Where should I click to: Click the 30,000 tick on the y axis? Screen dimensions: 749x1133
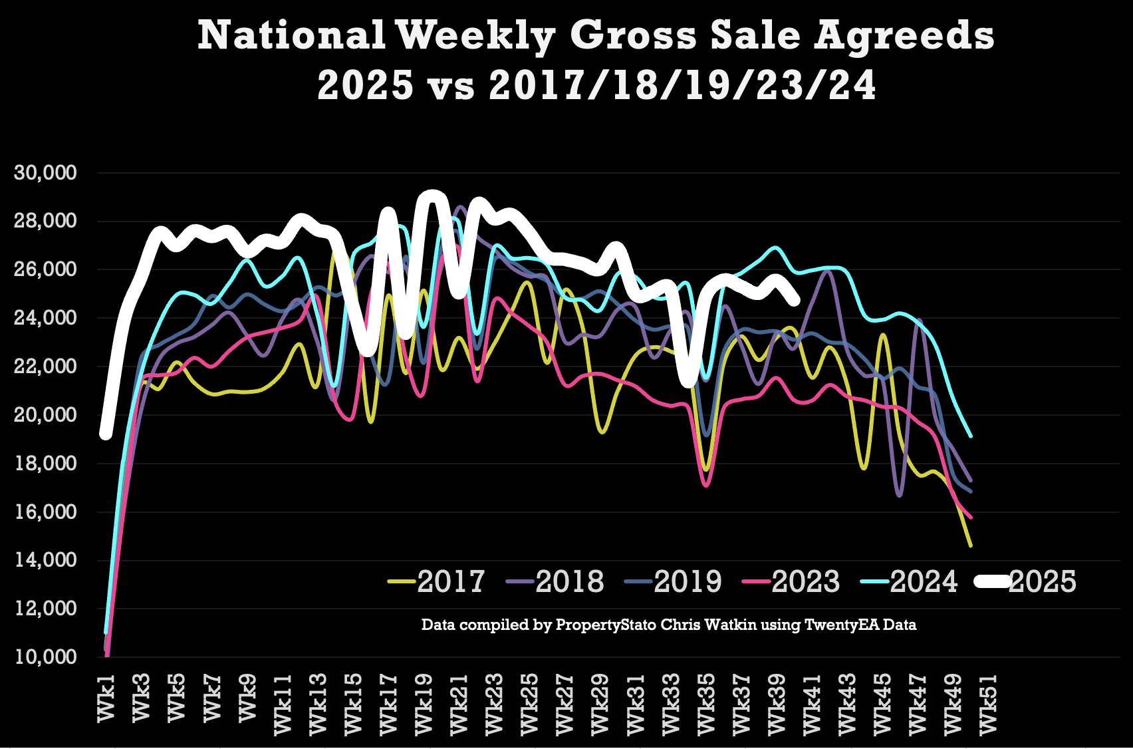coord(45,173)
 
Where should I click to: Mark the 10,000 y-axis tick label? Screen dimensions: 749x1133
coord(45,657)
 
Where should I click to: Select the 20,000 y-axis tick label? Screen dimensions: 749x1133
coord(45,415)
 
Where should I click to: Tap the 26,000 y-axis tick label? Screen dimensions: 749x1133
coord(45,269)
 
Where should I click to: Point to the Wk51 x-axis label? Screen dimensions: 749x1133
coord(989,704)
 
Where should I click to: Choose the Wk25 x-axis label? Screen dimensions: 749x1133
coord(530,704)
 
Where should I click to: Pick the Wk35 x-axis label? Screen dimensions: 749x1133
coord(706,704)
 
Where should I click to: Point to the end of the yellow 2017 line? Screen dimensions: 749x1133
coord(971,546)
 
